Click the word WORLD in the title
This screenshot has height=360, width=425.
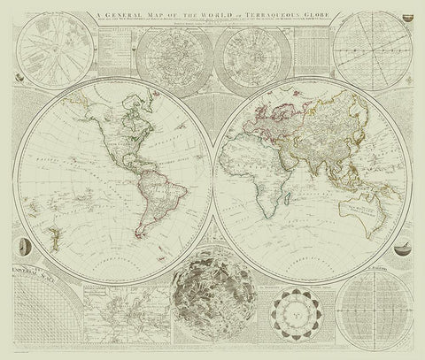click(211, 10)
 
